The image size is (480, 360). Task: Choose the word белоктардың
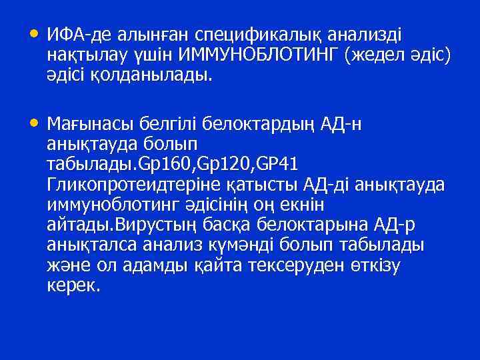[237, 124]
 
